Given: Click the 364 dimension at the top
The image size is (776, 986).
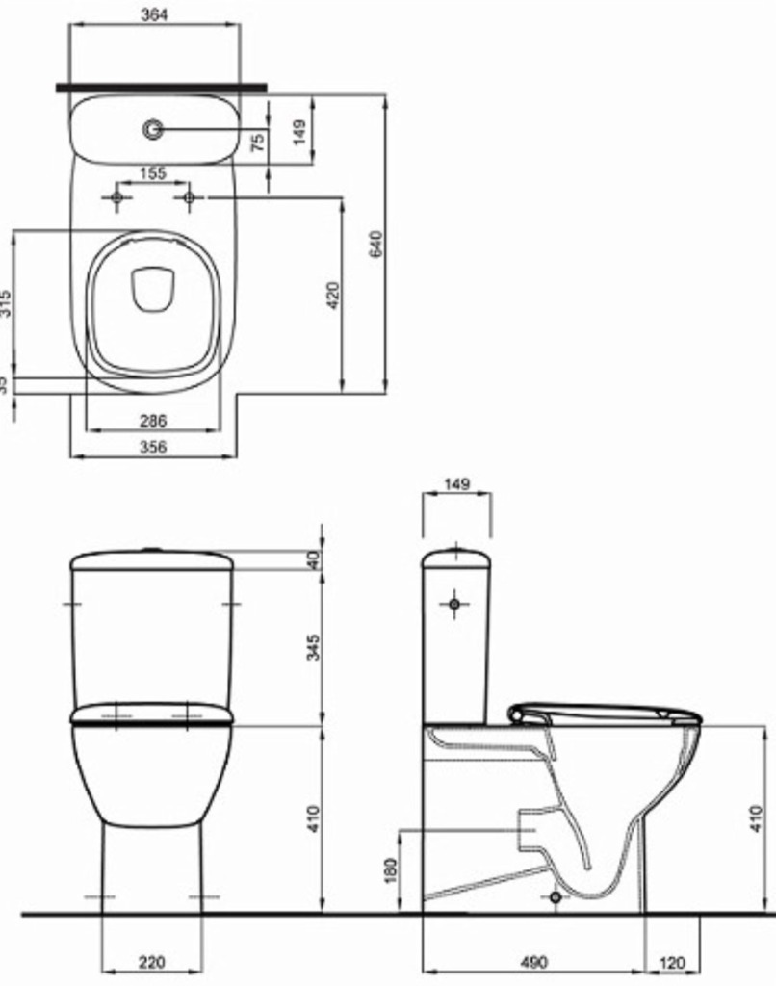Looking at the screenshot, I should tap(152, 13).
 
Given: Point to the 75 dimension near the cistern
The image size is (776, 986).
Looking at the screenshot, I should tap(257, 143).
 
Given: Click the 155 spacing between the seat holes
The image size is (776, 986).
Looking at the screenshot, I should tap(152, 173).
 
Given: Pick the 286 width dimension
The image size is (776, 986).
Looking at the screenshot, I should tap(152, 421).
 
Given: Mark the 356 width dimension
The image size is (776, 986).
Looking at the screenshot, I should tap(152, 447).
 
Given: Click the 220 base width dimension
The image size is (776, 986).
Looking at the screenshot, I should tap(151, 961).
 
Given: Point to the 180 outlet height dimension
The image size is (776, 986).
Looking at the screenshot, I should tap(388, 869).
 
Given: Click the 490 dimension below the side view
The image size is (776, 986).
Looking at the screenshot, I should tap(533, 961).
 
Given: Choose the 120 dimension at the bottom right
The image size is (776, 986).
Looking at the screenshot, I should tap(673, 961).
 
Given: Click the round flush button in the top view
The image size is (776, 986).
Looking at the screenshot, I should tap(152, 128).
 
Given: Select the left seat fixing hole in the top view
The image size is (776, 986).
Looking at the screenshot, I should tap(116, 198).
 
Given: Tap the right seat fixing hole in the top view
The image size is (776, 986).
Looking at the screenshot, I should tap(189, 198).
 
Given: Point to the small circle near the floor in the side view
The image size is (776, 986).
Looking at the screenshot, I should tap(554, 897).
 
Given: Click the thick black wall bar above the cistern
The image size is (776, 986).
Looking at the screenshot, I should tap(161, 88).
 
